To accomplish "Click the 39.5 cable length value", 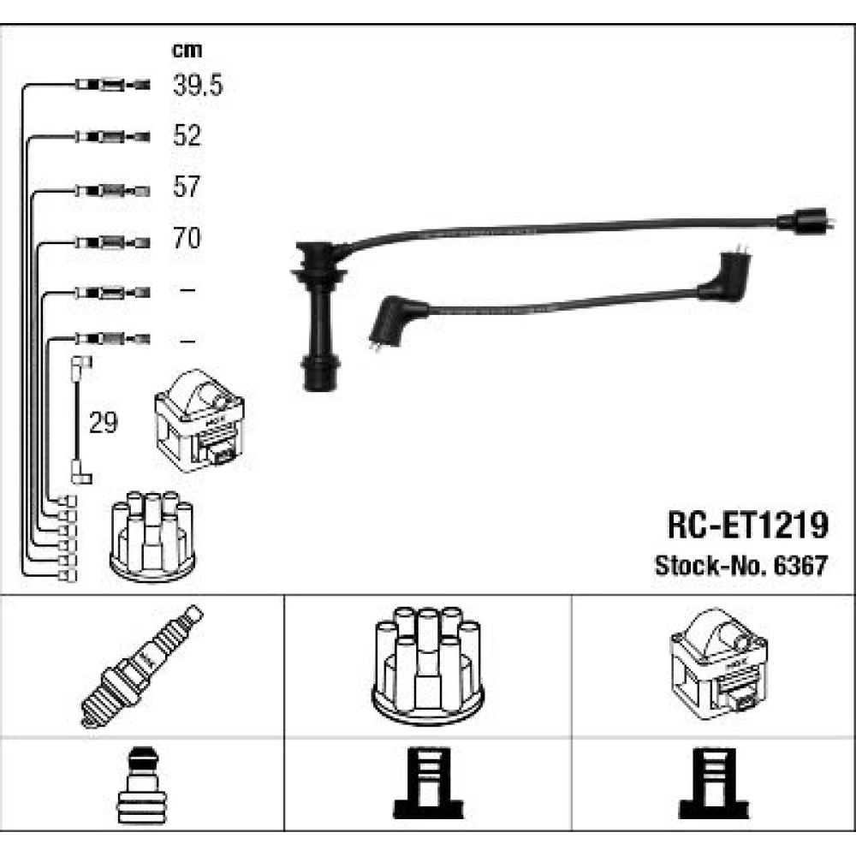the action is tap(198, 85).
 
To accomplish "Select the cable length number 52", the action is tap(187, 135).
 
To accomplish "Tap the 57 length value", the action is tap(187, 187).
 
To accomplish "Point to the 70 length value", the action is tap(187, 237).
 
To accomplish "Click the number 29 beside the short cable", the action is tap(104, 422).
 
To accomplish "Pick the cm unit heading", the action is tap(187, 51).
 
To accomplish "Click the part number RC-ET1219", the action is tap(748, 525).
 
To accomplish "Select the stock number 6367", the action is tap(801, 566).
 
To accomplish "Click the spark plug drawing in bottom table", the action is tap(141, 666).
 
